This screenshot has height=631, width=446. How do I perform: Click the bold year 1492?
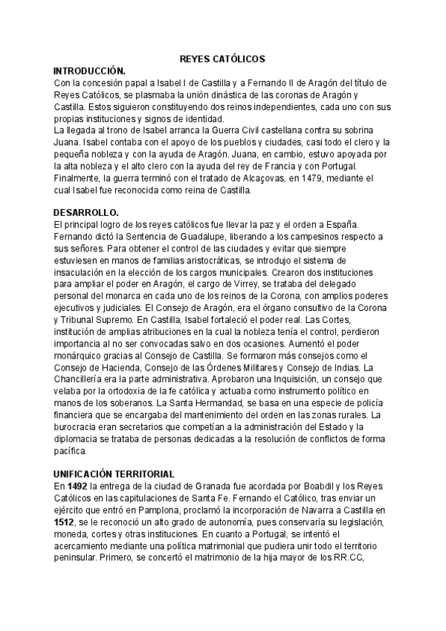tap(78, 485)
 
